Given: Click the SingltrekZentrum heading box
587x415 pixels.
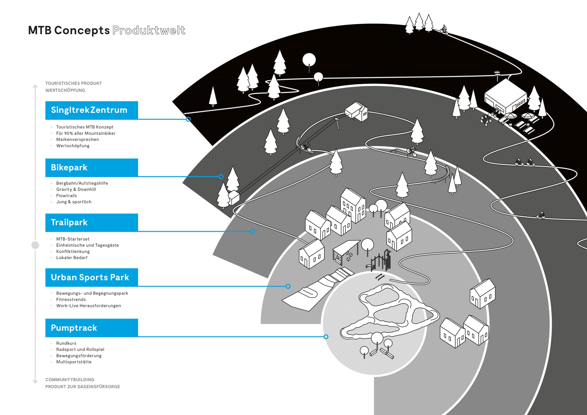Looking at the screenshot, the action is [x=91, y=110].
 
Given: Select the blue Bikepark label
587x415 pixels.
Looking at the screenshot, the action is [x=91, y=167].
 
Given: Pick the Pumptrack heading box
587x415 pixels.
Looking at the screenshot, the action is [x=91, y=328].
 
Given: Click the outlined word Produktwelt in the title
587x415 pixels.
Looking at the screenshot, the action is [x=149, y=30].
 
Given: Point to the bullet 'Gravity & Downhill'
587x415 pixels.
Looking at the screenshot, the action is [x=76, y=189].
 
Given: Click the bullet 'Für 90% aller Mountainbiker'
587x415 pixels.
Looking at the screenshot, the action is [x=86, y=133].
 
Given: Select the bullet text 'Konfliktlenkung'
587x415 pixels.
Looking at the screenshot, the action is [x=73, y=252].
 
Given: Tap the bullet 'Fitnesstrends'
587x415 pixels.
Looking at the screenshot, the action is [x=71, y=299].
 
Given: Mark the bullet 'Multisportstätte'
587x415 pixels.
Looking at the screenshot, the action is [x=74, y=362].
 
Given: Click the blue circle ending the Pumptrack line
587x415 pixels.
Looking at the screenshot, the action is [x=326, y=337].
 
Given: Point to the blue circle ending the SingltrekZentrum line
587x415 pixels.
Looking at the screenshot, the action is [x=188, y=119].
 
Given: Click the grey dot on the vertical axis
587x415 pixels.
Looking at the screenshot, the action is [x=35, y=245].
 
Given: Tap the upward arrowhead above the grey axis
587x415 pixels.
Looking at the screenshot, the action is [x=35, y=86].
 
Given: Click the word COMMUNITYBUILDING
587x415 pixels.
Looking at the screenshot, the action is [x=70, y=380].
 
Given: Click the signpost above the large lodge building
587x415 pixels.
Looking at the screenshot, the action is [x=498, y=76].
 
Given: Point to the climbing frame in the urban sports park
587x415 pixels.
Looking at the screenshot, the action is [x=381, y=260].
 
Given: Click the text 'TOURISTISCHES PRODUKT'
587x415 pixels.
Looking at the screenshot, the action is [x=73, y=83].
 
